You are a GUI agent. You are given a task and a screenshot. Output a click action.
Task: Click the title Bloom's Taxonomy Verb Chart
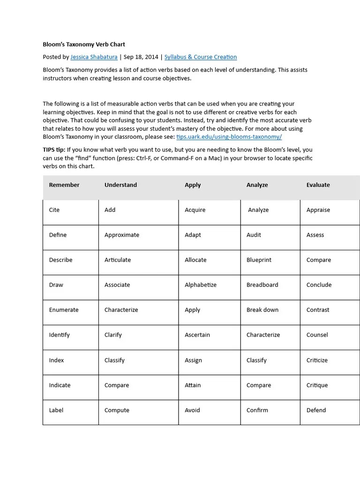(84, 45)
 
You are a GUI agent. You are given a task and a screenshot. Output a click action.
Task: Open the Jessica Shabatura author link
(94, 57)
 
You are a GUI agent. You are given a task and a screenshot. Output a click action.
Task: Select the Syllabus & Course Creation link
(200, 57)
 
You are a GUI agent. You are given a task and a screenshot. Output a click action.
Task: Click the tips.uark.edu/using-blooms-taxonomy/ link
(229, 137)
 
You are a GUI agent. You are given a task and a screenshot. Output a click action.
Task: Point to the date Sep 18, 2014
(141, 57)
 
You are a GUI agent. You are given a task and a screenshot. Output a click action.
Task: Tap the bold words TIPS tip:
(54, 150)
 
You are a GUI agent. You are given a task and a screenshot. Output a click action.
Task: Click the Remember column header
(64, 185)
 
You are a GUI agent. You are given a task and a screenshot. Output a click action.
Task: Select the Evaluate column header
(318, 185)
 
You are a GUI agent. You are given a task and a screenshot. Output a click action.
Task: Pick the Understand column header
(120, 185)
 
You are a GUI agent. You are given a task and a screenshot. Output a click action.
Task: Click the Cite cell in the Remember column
(54, 210)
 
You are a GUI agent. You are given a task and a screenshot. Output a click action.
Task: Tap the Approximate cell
(122, 235)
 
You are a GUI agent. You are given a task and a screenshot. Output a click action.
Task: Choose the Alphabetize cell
(201, 285)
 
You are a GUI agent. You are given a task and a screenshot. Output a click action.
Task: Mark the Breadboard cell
(262, 285)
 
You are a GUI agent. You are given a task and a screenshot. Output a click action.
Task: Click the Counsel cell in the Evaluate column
(317, 335)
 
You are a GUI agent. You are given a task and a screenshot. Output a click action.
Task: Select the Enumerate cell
(64, 310)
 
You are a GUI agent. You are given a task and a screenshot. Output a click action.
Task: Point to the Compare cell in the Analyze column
(259, 385)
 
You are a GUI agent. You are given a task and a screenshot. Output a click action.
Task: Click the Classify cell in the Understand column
(114, 360)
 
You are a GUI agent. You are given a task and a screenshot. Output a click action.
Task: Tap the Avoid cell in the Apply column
(192, 410)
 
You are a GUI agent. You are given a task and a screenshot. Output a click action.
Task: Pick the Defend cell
(316, 410)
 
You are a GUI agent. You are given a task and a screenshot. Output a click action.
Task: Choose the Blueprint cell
(259, 260)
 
